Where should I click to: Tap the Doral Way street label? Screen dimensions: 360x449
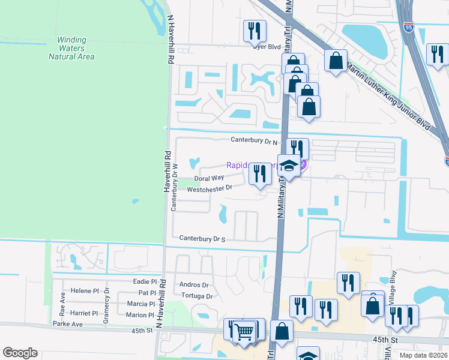pos(209,178)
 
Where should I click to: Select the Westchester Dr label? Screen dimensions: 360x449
pos(209,188)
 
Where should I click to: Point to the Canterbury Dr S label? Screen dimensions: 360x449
pos(202,239)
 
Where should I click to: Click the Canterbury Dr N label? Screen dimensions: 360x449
pos(255,140)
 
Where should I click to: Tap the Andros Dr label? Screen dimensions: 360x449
pos(194,285)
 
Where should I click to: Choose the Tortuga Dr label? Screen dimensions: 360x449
pos(196,296)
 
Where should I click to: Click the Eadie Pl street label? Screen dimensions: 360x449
pos(144,281)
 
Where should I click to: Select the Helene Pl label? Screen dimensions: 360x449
pos(85,291)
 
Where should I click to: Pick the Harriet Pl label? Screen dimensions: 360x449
pos(84,313)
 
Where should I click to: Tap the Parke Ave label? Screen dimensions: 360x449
pos(67,324)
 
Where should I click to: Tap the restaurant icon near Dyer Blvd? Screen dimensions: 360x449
pos(255,30)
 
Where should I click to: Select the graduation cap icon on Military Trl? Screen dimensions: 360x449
pos(289,166)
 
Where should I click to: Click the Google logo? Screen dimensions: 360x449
pos(20,353)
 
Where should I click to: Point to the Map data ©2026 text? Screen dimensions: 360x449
pos(423,355)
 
